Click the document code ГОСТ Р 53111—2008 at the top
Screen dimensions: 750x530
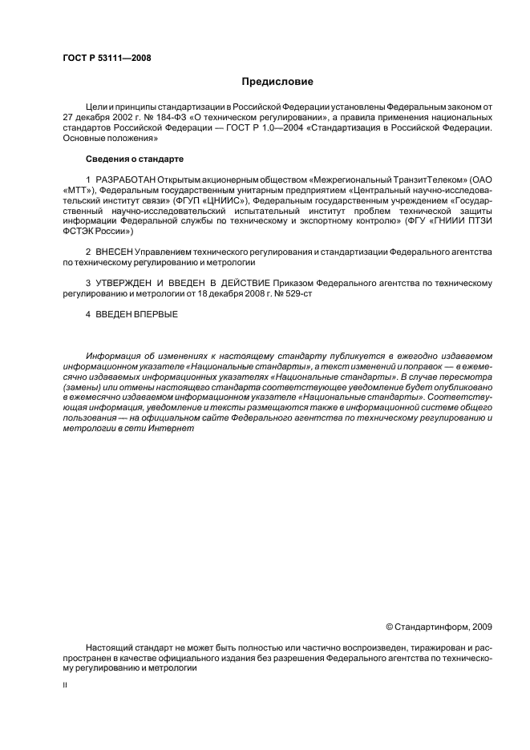(107, 58)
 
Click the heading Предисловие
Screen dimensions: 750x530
(278, 82)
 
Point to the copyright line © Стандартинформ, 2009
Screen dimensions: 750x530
(439, 627)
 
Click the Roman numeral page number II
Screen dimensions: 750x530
(65, 686)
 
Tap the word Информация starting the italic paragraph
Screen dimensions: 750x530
(115, 356)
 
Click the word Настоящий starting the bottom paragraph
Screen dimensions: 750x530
(111, 647)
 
